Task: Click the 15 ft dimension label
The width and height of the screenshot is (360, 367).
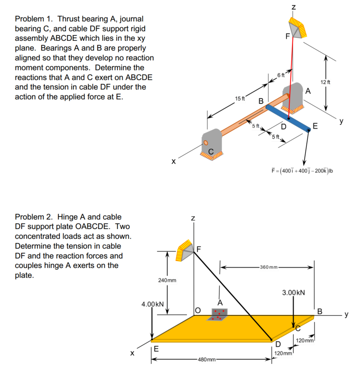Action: tap(240, 99)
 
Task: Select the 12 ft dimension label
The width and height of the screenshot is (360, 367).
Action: tap(325, 82)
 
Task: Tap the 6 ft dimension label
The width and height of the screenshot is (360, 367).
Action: tap(281, 75)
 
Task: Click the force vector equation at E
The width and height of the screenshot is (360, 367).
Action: tap(302, 171)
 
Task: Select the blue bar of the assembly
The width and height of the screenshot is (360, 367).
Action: tap(288, 118)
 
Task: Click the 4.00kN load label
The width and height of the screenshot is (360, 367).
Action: tap(152, 304)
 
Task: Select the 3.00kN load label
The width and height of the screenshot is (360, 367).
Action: tap(293, 292)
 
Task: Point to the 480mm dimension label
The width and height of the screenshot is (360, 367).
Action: tap(207, 359)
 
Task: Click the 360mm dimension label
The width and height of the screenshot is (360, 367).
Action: tap(268, 267)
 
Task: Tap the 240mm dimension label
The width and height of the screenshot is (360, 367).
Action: tap(167, 280)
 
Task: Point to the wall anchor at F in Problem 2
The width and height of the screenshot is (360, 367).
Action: tap(185, 251)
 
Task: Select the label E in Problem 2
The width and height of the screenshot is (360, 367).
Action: tap(156, 349)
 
